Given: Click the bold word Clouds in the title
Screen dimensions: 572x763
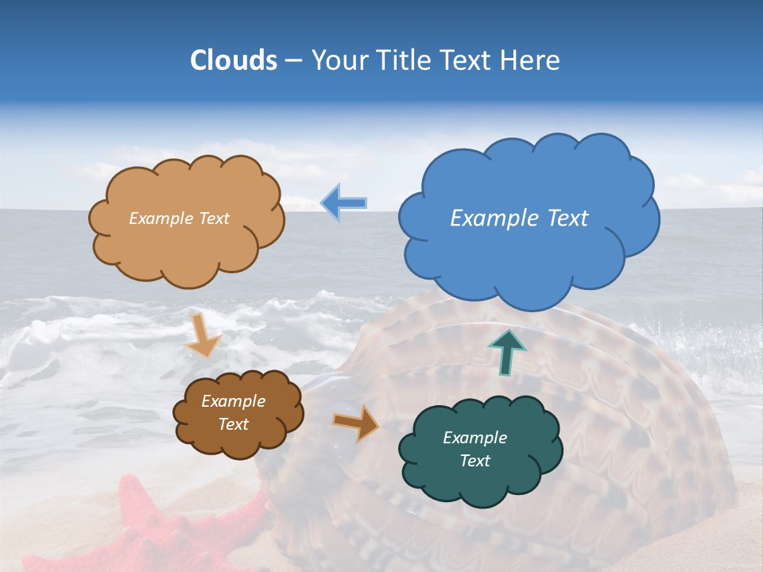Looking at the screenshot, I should [234, 60].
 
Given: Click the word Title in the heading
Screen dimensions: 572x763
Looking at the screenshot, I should [403, 60].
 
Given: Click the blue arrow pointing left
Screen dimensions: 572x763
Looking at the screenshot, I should [343, 203].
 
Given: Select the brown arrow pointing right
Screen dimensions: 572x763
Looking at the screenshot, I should [356, 423].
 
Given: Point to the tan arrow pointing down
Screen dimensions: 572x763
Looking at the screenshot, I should [203, 335].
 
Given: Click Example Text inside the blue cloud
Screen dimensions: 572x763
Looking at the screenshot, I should [519, 218].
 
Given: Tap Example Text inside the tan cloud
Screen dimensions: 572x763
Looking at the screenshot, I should [179, 218].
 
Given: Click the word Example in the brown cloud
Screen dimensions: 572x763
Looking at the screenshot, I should [234, 401].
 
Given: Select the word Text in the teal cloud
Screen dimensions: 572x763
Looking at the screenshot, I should [475, 461].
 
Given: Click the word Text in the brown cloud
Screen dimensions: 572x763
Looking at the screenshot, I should [234, 424].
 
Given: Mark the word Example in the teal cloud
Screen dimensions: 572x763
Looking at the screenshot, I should [475, 438].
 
